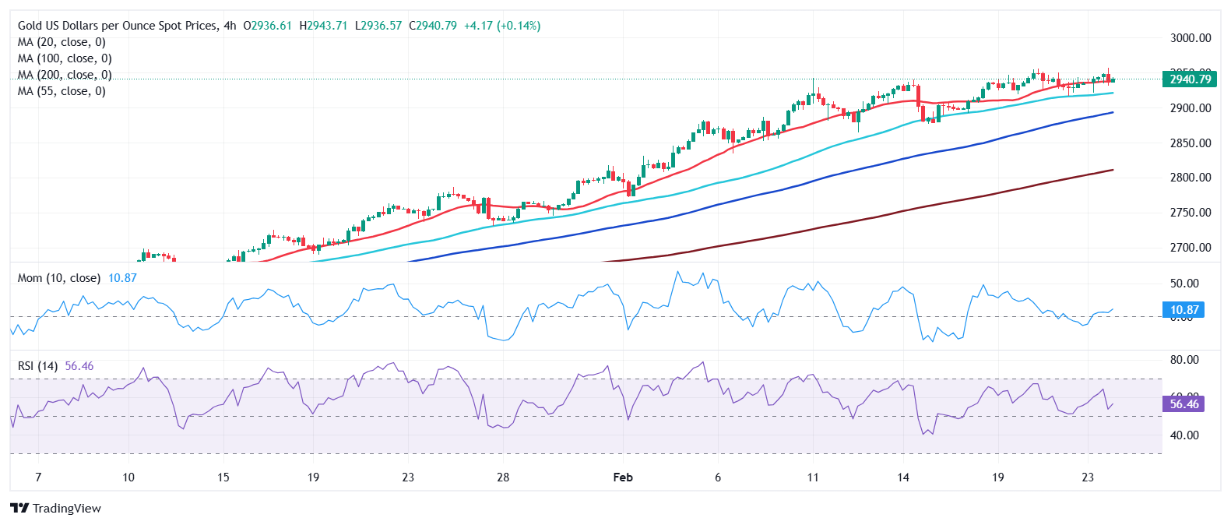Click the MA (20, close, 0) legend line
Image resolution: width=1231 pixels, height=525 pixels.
tap(62, 42)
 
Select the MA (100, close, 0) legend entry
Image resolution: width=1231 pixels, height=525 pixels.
tap(65, 58)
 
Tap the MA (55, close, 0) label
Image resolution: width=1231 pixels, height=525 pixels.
tap(62, 91)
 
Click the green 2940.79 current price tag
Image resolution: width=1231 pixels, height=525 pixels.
tap(1190, 79)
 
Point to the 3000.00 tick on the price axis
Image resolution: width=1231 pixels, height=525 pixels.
tap(1191, 37)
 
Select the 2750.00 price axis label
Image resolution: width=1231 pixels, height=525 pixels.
tap(1191, 212)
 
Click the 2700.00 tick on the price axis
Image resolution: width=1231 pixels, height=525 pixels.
tap(1191, 247)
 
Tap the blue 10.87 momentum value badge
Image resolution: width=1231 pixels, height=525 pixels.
tap(1184, 309)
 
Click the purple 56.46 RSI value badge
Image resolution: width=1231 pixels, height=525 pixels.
tap(1184, 403)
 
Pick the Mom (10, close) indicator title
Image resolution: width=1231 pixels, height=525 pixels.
tap(59, 278)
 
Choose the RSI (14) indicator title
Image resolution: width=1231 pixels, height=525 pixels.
tap(37, 366)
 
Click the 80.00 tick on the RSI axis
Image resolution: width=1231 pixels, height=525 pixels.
tap(1184, 360)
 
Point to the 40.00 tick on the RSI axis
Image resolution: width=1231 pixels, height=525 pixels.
tap(1184, 435)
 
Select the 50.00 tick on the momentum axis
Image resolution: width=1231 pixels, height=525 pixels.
tap(1184, 284)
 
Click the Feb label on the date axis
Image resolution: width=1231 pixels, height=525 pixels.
tap(623, 477)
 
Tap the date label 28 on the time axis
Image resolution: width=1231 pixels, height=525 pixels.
tap(503, 477)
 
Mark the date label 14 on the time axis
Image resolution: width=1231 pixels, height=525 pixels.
tap(902, 477)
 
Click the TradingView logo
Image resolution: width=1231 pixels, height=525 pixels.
tap(56, 508)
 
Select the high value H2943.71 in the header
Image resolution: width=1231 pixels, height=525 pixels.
tap(323, 26)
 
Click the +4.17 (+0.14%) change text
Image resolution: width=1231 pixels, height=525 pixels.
tap(501, 26)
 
